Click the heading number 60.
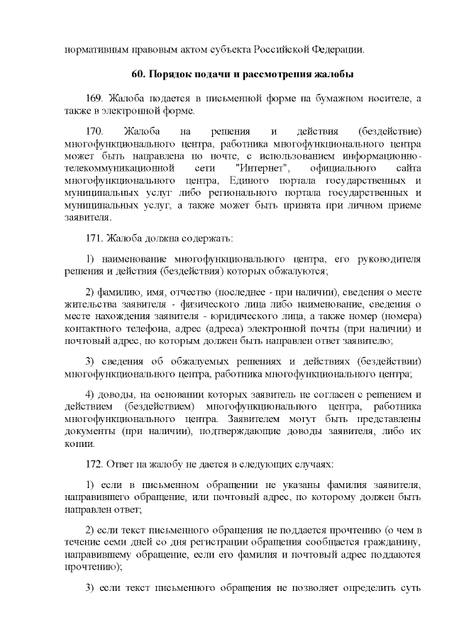[x=139, y=74]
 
